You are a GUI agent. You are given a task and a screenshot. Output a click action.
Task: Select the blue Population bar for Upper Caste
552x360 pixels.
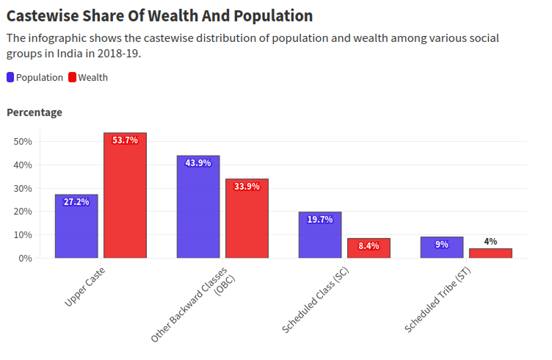click(x=76, y=228)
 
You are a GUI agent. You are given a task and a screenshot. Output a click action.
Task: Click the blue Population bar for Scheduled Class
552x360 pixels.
click(x=320, y=237)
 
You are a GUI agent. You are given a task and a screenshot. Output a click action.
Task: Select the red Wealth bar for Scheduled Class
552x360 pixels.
click(x=368, y=248)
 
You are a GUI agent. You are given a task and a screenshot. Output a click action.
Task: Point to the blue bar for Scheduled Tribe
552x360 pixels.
click(x=442, y=248)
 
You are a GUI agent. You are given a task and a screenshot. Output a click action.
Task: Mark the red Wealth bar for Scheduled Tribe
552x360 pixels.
click(x=490, y=253)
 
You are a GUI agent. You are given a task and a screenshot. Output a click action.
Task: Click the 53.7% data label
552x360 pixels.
click(x=125, y=140)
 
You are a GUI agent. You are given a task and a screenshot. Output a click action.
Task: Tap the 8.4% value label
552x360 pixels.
click(x=368, y=246)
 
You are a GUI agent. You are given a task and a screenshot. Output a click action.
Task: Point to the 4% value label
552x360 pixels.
click(x=490, y=241)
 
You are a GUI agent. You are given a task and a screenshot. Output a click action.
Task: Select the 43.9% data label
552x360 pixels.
click(x=198, y=163)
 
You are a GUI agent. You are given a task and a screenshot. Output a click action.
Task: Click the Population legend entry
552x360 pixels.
click(x=34, y=77)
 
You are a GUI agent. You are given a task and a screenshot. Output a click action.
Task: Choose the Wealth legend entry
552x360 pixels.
click(x=88, y=77)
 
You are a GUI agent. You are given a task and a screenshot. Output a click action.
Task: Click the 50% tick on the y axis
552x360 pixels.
click(x=22, y=141)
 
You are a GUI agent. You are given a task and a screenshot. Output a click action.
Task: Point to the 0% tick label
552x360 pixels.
click(x=24, y=258)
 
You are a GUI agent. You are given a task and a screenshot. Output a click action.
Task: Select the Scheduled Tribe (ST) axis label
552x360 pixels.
click(x=437, y=301)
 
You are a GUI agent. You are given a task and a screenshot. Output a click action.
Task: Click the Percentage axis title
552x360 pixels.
click(x=34, y=112)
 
